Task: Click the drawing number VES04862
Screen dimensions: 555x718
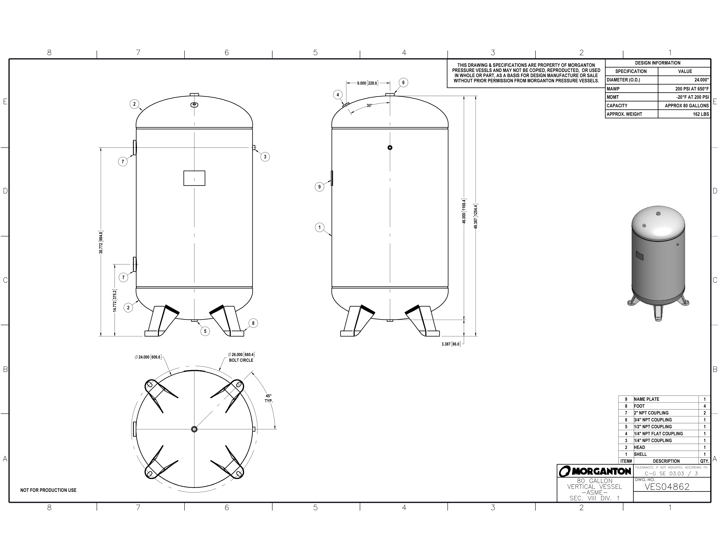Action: (667, 487)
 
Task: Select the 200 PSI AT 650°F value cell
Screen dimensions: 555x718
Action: (692, 89)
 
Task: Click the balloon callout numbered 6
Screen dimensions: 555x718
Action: (403, 83)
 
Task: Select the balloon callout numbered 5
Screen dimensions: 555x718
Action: (205, 331)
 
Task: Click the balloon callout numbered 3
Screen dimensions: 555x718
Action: (265, 157)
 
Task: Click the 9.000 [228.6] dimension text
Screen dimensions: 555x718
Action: (367, 83)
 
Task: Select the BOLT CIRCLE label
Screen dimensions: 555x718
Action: (241, 360)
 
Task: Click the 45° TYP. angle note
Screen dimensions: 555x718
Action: (269, 398)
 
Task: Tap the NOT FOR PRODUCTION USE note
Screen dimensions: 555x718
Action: (48, 490)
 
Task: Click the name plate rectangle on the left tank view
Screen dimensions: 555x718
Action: (194, 178)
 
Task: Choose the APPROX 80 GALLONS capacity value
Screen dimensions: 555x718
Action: (686, 106)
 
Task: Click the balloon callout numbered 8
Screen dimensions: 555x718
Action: (253, 323)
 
